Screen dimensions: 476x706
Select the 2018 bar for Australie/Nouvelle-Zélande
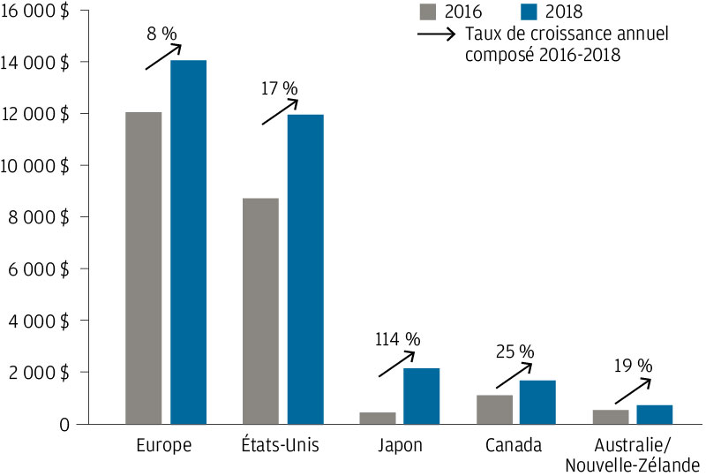coord(655,414)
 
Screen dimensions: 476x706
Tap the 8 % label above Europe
coord(162,34)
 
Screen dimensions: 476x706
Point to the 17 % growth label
coord(281,88)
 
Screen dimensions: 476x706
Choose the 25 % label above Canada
coord(514,351)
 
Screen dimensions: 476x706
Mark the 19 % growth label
coord(632,365)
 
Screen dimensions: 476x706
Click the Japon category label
coord(402,445)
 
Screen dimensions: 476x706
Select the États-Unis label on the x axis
coord(282,445)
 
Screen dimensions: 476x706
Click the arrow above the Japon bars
coord(396,364)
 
